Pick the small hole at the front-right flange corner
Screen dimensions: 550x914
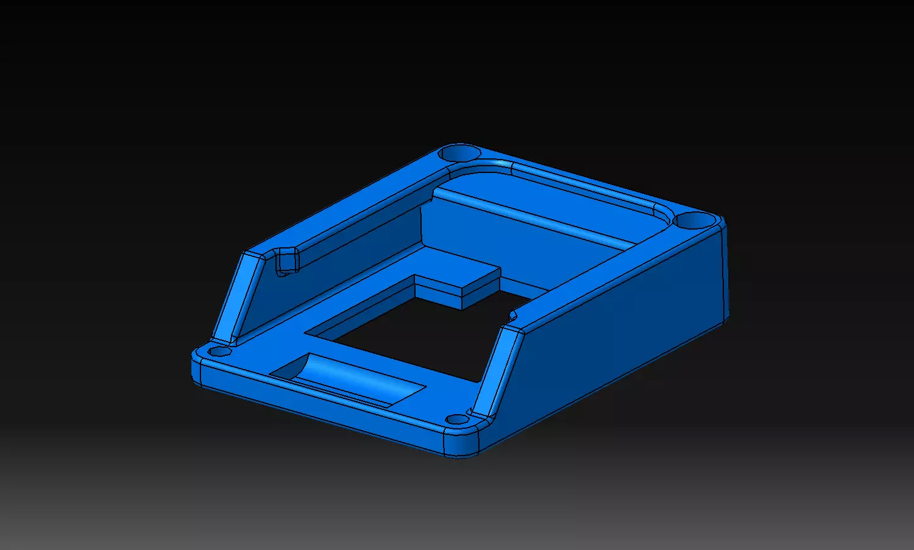455,419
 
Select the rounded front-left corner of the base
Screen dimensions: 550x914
196,368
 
